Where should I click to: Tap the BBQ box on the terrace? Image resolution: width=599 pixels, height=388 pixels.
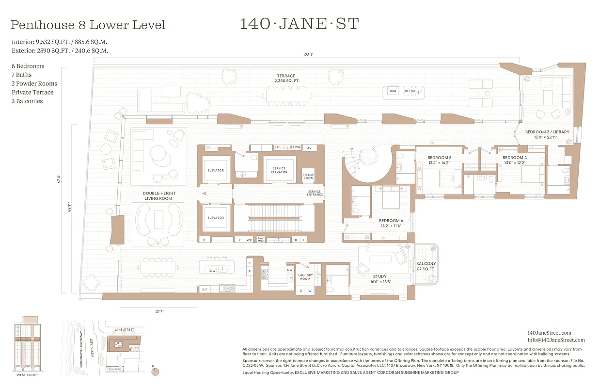tap(393, 91)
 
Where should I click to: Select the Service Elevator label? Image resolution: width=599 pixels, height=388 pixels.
tap(279, 170)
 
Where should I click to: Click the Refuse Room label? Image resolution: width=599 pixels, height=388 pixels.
tap(308, 177)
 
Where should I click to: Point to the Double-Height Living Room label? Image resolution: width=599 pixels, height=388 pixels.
tap(159, 196)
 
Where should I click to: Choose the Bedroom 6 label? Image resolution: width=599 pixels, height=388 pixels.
tap(391, 223)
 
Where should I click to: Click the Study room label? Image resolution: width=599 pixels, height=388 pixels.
tap(379, 279)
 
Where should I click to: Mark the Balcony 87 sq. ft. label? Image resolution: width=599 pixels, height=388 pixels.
tap(426, 266)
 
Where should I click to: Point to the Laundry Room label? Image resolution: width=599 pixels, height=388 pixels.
tap(305, 277)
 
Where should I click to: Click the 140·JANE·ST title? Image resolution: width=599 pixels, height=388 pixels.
tap(299, 24)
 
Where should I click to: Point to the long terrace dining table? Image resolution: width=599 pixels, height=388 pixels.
tap(289, 95)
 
